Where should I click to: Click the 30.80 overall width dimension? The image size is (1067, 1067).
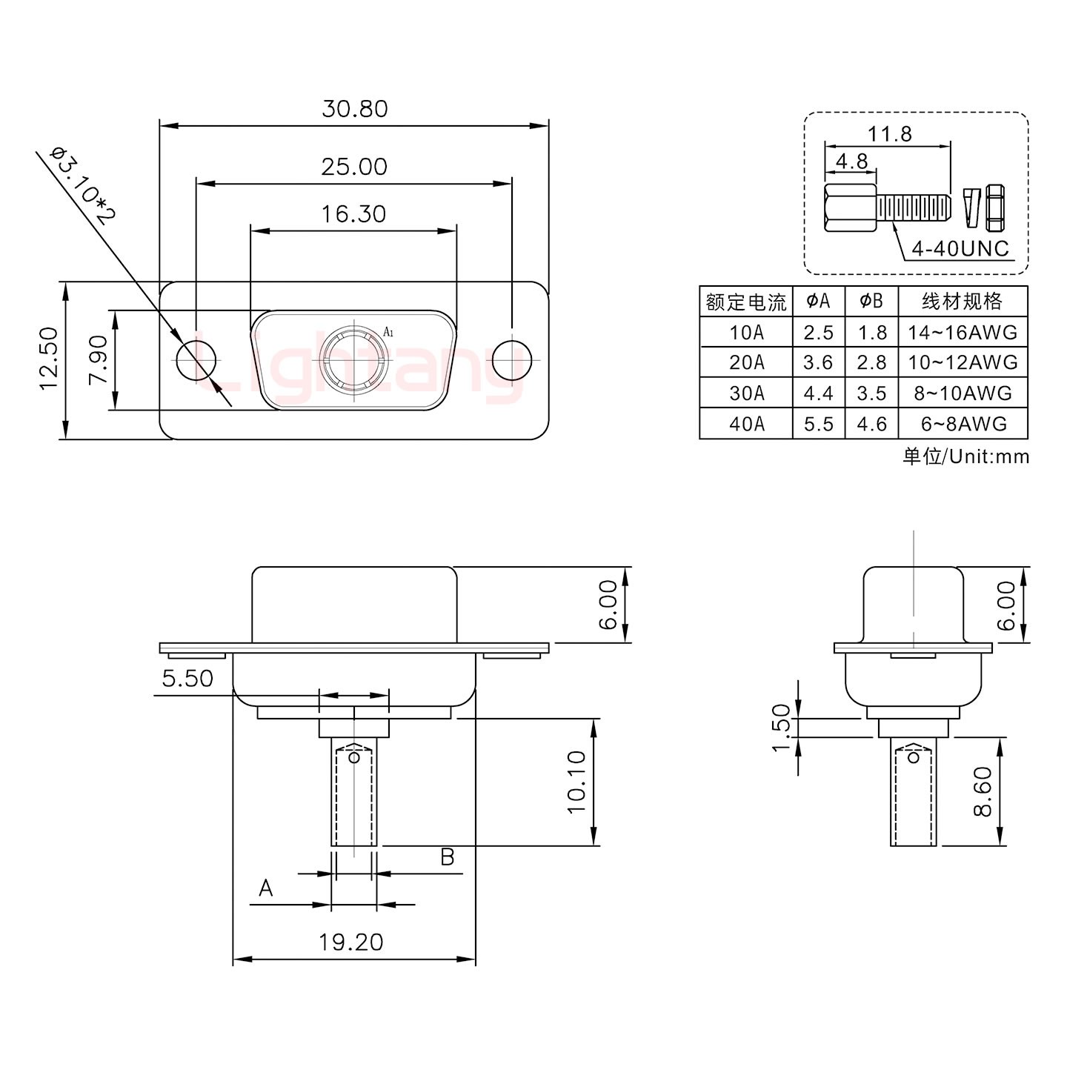(x=354, y=109)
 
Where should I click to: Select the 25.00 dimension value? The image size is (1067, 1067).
(x=354, y=167)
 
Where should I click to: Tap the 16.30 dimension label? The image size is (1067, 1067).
(x=353, y=214)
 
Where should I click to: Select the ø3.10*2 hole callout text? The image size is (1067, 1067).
(x=83, y=185)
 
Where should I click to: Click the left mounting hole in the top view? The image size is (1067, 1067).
(x=196, y=360)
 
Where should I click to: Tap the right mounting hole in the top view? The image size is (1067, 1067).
(x=512, y=360)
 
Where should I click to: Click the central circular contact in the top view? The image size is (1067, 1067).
(x=354, y=360)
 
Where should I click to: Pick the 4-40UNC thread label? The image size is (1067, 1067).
(x=960, y=248)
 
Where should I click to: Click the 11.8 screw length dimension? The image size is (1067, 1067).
(x=890, y=134)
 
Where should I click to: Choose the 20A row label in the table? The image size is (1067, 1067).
(x=746, y=362)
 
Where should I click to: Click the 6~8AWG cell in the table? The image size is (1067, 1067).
(x=963, y=424)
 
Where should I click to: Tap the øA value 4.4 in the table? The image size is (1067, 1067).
(x=819, y=393)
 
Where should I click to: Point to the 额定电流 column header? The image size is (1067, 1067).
(x=746, y=302)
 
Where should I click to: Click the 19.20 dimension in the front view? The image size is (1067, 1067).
(x=351, y=942)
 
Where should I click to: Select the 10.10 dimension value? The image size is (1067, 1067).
(x=576, y=782)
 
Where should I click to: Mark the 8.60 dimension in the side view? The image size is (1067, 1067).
(x=982, y=791)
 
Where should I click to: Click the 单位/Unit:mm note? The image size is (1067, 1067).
(x=965, y=456)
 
